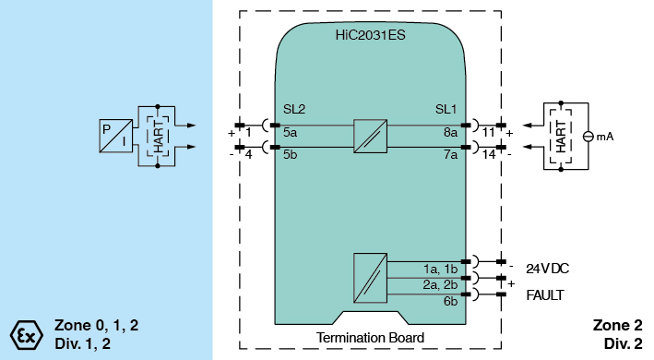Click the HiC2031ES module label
pyautogui.click(x=371, y=35)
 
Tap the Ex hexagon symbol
pyautogui.click(x=26, y=335)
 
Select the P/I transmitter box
pyautogui.click(x=116, y=136)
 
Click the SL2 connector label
pyautogui.click(x=294, y=109)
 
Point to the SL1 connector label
pyautogui.click(x=446, y=109)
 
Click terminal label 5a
pyautogui.click(x=291, y=132)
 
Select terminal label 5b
pyautogui.click(x=291, y=154)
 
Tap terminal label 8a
pyautogui.click(x=450, y=132)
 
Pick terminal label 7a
pyautogui.click(x=450, y=154)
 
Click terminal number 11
pyautogui.click(x=488, y=133)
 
